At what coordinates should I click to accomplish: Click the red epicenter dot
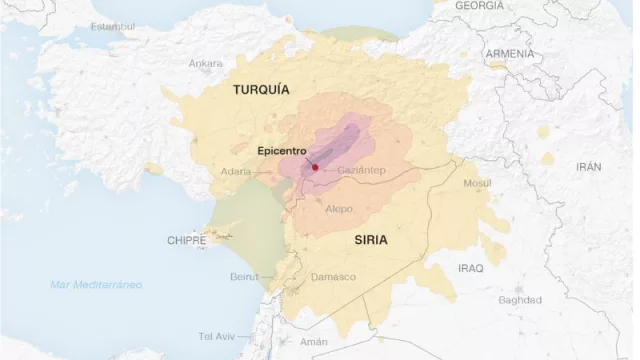pyautogui.click(x=315, y=168)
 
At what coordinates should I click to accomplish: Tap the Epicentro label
pyautogui.click(x=282, y=151)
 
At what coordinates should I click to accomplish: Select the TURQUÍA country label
pyautogui.click(x=261, y=90)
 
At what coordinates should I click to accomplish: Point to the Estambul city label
pyautogui.click(x=112, y=26)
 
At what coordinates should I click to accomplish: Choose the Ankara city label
pyautogui.click(x=205, y=63)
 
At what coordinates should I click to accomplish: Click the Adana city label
pyautogui.click(x=236, y=171)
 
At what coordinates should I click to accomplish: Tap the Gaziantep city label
pyautogui.click(x=361, y=171)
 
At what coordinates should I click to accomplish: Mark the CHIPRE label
pyautogui.click(x=186, y=241)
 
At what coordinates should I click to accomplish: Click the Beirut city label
pyautogui.click(x=244, y=276)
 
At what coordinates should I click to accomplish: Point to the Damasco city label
pyautogui.click(x=333, y=276)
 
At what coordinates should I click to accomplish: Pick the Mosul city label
pyautogui.click(x=478, y=183)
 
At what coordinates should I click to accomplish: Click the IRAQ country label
pyautogui.click(x=470, y=269)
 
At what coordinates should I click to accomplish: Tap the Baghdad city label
pyautogui.click(x=519, y=299)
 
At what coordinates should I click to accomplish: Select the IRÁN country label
pyautogui.click(x=589, y=167)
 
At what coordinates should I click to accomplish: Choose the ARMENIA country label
pyautogui.click(x=509, y=53)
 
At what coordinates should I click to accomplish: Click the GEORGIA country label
pyautogui.click(x=479, y=6)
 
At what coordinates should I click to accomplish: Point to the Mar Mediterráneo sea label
pyautogui.click(x=96, y=285)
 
